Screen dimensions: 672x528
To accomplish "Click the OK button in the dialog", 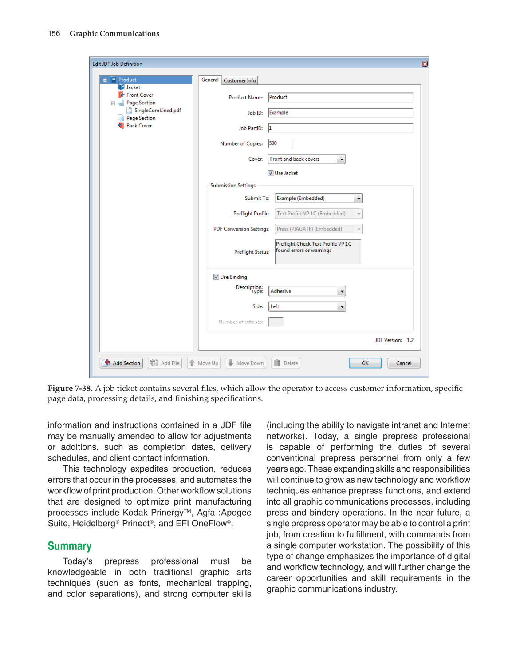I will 365,363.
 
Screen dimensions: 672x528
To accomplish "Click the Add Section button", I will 121,363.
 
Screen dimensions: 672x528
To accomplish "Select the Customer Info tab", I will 240,80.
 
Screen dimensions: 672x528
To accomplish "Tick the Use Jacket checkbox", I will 271,173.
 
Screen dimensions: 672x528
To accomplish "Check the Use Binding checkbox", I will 216,277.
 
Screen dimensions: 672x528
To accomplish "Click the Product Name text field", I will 340,97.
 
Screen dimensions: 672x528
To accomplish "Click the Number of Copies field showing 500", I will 280,143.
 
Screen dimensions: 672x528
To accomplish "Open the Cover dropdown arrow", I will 341,159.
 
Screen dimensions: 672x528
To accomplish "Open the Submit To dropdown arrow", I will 359,199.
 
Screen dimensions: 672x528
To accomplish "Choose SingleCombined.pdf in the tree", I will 158,111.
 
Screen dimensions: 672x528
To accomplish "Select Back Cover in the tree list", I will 139,126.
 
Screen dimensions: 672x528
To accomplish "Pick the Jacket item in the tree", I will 133,87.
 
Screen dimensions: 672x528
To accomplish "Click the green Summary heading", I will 70,546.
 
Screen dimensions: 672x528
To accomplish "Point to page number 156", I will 54,34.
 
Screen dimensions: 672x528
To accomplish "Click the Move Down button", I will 246,363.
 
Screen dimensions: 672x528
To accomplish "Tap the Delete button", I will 286,363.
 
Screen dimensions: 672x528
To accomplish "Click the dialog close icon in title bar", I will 425,64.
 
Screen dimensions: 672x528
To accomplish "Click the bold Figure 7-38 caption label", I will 70,388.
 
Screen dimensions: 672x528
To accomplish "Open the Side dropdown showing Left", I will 341,306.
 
